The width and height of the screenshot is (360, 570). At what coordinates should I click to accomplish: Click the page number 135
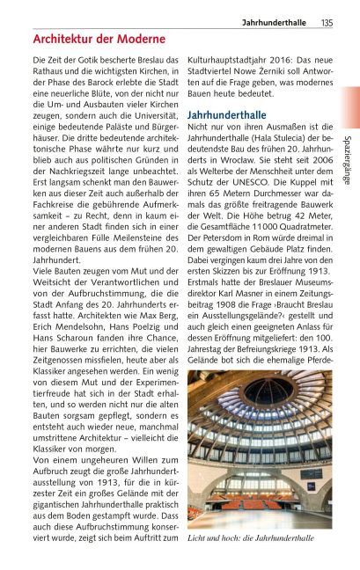[x=327, y=22]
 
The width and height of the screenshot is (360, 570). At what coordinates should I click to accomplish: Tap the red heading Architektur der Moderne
[x=99, y=40]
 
